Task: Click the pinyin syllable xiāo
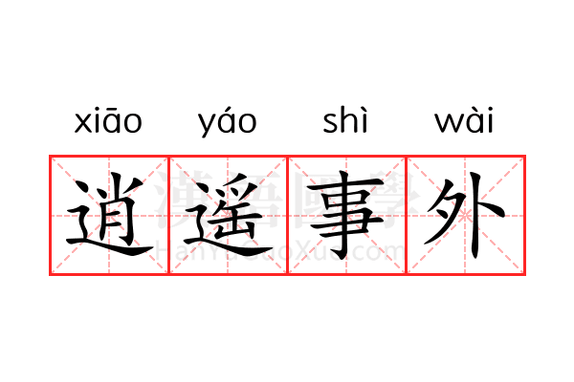[x=108, y=120]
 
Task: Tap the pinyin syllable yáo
[x=228, y=121]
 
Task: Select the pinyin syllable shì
[x=345, y=119]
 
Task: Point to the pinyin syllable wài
[x=464, y=119]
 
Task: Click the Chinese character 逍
[x=109, y=215]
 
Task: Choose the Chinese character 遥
[x=228, y=215]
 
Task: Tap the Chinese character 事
[x=346, y=215]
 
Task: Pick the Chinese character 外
[x=465, y=215]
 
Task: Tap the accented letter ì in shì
[x=364, y=119]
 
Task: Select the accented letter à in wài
[x=475, y=119]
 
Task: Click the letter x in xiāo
[x=82, y=123]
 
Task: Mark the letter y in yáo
[x=209, y=125]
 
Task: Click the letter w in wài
[x=450, y=123]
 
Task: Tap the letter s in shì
[x=330, y=123]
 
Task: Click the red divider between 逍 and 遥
[x=168, y=215]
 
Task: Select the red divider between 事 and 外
[x=407, y=215]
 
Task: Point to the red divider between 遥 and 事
[x=287, y=215]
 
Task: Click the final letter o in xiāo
[x=133, y=123]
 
